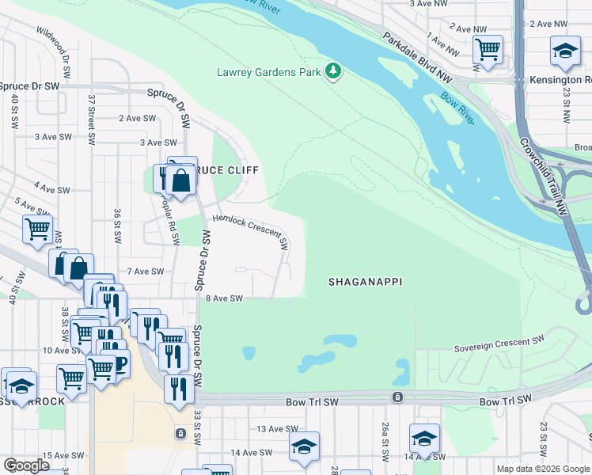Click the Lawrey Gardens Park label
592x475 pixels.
click(268, 72)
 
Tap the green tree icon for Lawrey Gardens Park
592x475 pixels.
click(334, 72)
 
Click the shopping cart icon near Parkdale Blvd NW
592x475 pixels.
click(488, 50)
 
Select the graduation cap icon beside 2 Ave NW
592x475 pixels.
click(565, 51)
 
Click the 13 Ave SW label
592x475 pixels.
click(276, 429)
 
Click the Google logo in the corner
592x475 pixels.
click(27, 465)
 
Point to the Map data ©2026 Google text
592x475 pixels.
click(543, 469)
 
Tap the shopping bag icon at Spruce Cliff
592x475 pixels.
click(181, 179)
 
